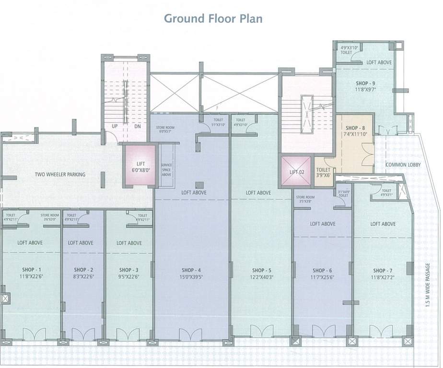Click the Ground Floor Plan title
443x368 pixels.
click(x=213, y=19)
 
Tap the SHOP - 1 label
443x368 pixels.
click(x=30, y=269)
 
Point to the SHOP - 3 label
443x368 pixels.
click(x=129, y=269)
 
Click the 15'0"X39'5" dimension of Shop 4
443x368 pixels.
click(x=191, y=276)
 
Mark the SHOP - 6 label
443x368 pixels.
click(x=322, y=270)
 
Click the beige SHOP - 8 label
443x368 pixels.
click(x=355, y=128)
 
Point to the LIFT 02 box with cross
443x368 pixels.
click(x=297, y=172)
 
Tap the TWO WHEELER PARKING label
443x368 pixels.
click(x=60, y=174)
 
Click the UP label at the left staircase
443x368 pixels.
click(x=115, y=126)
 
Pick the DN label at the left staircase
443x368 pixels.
click(x=137, y=126)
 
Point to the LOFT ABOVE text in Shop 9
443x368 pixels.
click(x=379, y=62)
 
